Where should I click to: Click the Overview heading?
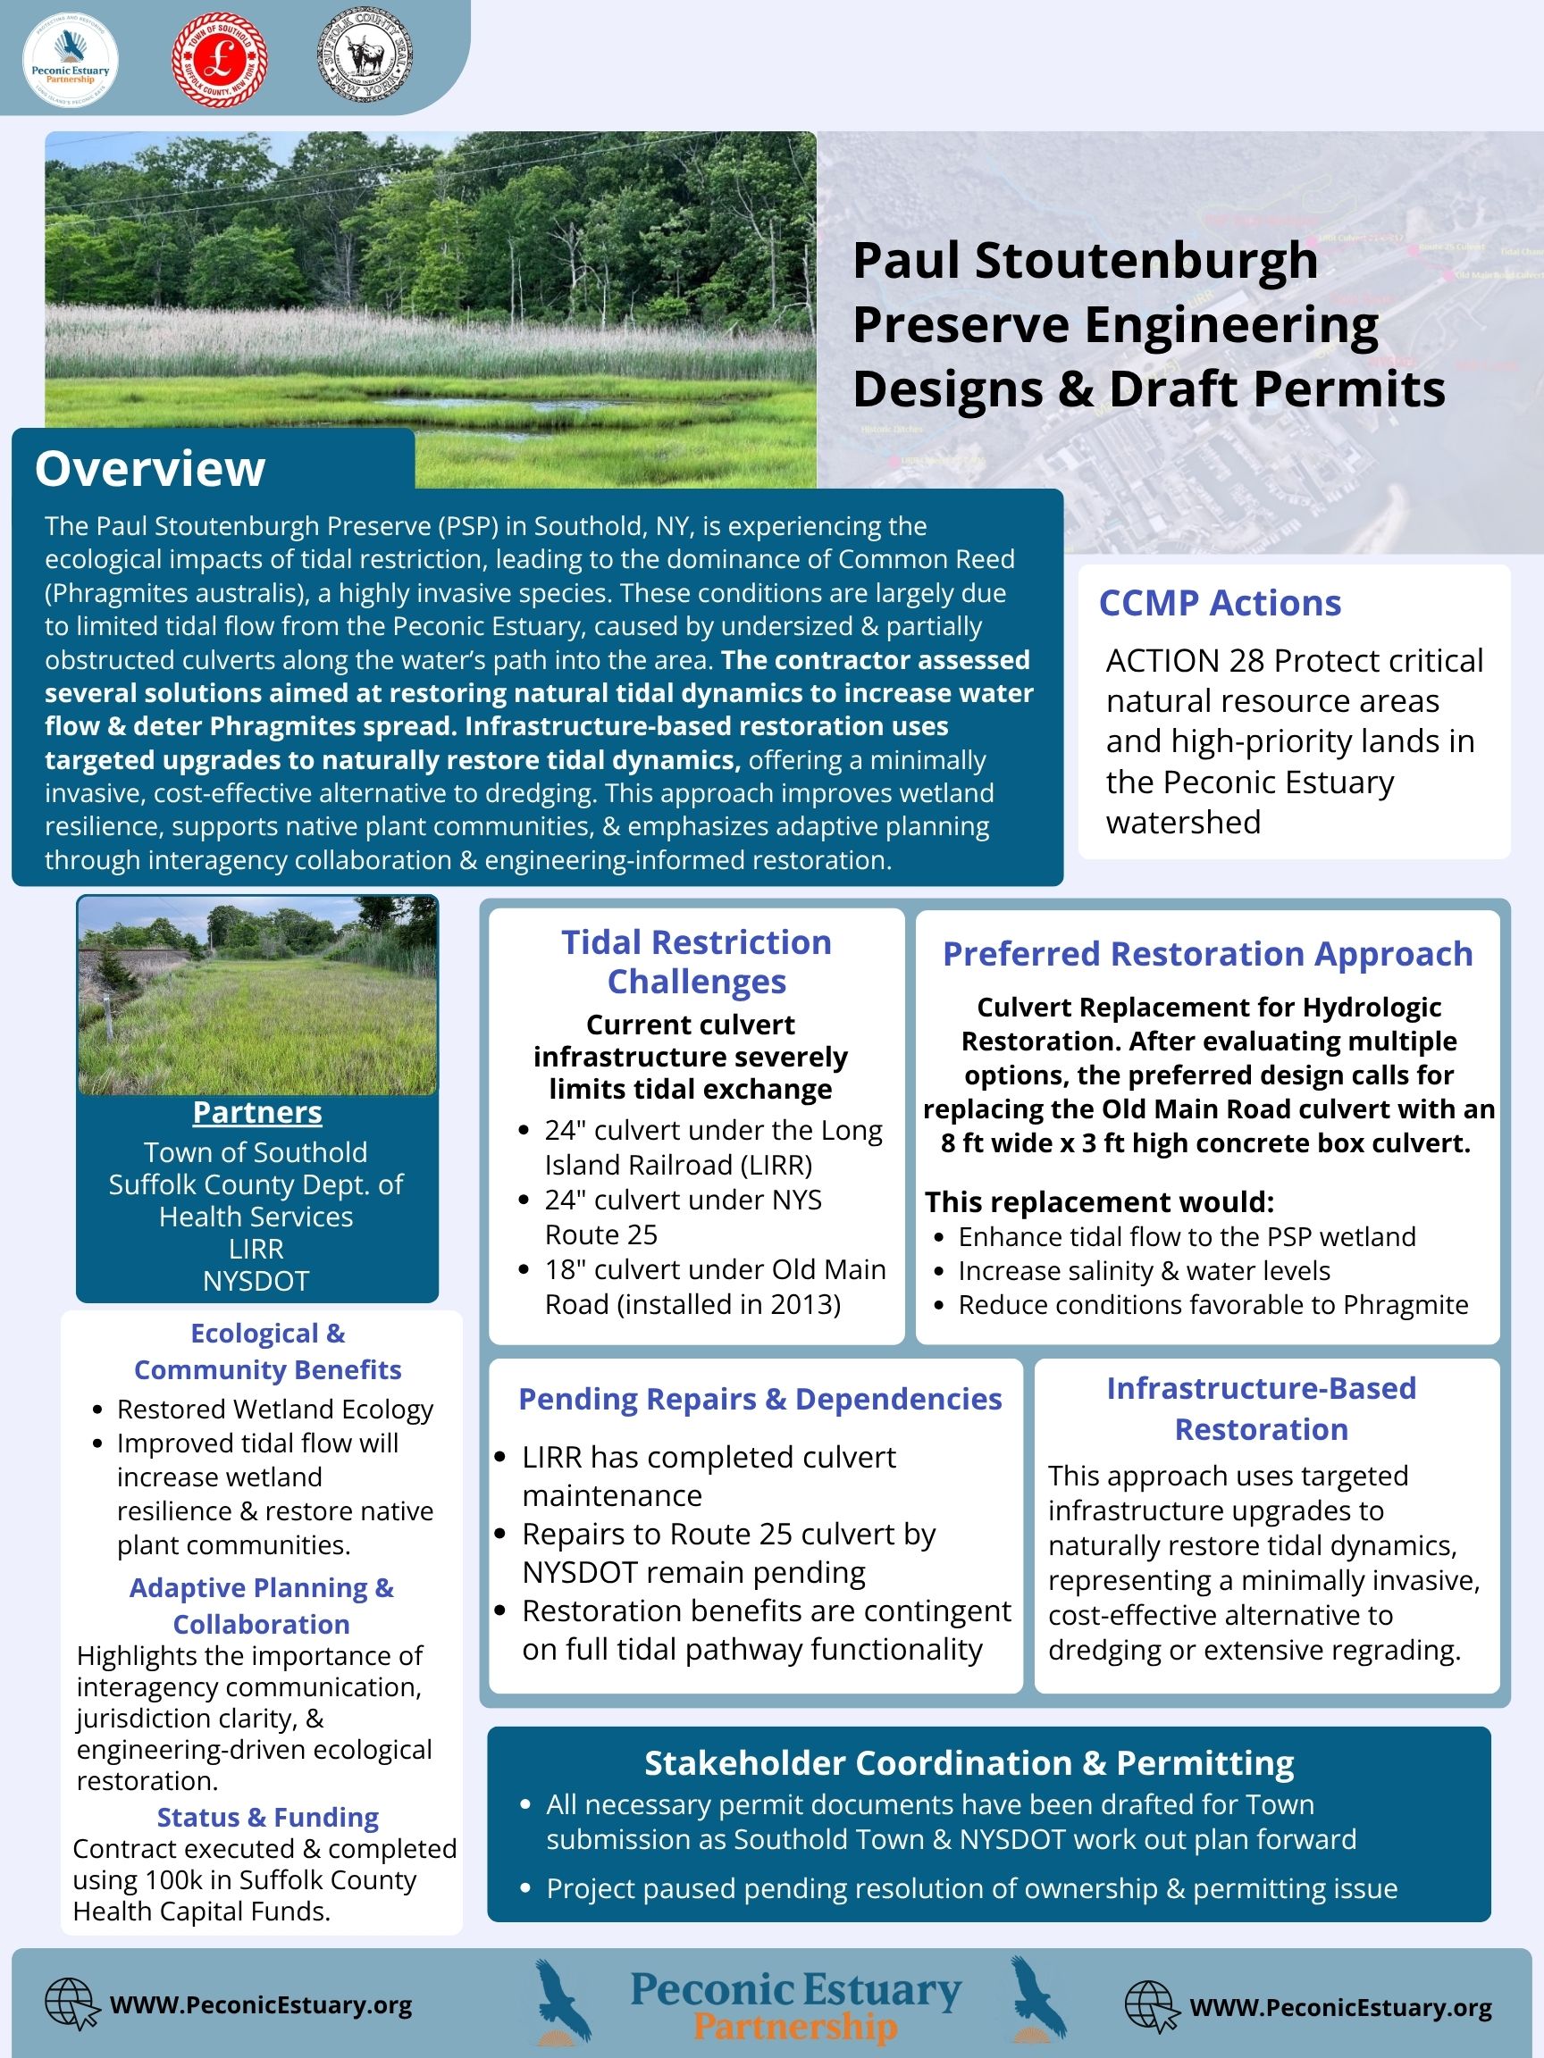click(150, 468)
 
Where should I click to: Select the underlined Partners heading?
click(256, 1112)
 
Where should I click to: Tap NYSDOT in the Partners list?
click(256, 1281)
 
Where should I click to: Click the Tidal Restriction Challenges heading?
click(696, 961)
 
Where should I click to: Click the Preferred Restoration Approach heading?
click(1207, 954)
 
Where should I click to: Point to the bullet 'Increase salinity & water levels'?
click(1144, 1271)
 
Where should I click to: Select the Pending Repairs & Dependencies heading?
click(759, 1399)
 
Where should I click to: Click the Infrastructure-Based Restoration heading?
click(1261, 1408)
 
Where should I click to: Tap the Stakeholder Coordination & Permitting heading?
click(969, 1763)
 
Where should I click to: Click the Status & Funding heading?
click(267, 1817)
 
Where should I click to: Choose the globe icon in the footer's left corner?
click(71, 2004)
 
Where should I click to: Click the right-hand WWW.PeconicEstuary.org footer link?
click(1340, 2008)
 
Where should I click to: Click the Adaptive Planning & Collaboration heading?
click(262, 1606)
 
